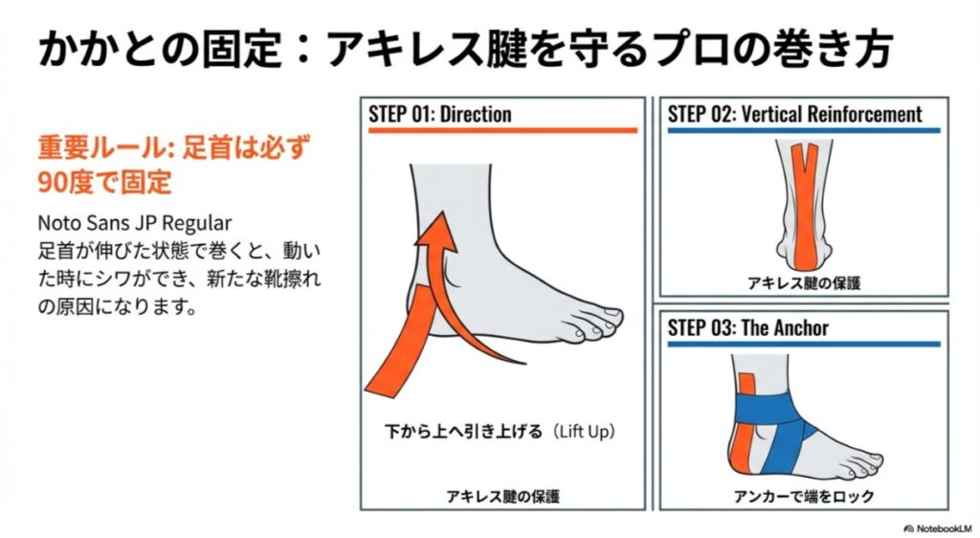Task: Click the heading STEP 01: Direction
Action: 440,115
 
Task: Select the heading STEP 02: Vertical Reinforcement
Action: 794,115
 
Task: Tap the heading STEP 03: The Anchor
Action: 747,328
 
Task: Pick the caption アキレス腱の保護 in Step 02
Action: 804,283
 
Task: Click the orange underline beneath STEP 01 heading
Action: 502,129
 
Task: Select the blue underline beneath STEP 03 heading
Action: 804,343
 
